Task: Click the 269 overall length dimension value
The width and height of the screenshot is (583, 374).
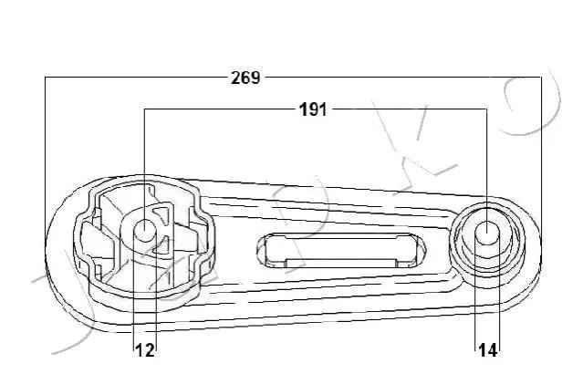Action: [x=245, y=78]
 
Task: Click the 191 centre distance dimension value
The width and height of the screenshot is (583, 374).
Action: [x=313, y=110]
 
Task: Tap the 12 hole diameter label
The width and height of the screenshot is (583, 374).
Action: [x=145, y=350]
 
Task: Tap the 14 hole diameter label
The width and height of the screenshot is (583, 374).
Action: [x=487, y=350]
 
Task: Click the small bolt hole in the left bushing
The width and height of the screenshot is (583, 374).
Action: [x=145, y=230]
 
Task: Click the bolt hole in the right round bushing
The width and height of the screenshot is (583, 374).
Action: [x=487, y=233]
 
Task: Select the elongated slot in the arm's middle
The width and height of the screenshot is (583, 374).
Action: [x=341, y=251]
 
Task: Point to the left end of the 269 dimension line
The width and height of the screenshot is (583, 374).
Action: [x=45, y=78]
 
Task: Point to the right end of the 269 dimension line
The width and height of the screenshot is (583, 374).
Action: [x=541, y=78]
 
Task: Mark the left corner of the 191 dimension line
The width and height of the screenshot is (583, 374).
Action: [x=145, y=109]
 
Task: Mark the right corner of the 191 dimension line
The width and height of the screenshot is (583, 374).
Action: [x=487, y=109]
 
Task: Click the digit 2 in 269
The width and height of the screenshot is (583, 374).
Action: [x=235, y=78]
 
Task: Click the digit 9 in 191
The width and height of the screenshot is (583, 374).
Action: [x=313, y=110]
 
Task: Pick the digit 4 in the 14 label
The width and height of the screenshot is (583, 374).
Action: [x=492, y=350]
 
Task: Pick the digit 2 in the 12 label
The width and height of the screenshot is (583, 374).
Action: [x=149, y=350]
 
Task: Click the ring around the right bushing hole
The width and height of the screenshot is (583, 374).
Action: [x=487, y=205]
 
